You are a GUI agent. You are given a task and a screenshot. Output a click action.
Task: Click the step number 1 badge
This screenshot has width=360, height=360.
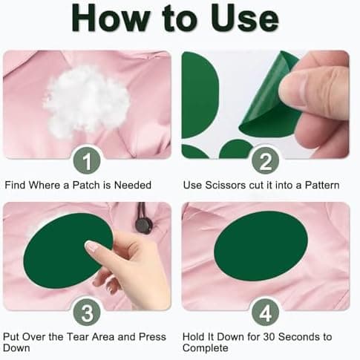(x=87, y=160)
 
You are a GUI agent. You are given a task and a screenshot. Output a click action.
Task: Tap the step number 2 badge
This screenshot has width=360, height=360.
(x=265, y=160)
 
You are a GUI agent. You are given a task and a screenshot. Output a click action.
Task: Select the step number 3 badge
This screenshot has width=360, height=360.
(x=87, y=312)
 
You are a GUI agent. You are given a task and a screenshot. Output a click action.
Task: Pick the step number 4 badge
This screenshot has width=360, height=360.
(x=265, y=312)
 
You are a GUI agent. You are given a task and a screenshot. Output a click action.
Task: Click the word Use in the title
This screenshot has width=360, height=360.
(x=245, y=19)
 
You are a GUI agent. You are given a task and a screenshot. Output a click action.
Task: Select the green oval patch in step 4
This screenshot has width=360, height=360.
(x=261, y=246)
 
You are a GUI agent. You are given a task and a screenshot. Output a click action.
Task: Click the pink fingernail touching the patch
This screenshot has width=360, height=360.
(x=91, y=246)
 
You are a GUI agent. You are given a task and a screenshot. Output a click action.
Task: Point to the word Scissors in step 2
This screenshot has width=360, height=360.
(x=226, y=186)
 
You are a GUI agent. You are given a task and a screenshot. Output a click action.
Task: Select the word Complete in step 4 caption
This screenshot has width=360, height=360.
(x=205, y=348)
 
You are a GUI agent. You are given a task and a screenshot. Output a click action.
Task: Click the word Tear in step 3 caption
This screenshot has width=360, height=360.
(x=78, y=337)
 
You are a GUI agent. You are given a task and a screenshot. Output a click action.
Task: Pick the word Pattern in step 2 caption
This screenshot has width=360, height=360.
(x=322, y=186)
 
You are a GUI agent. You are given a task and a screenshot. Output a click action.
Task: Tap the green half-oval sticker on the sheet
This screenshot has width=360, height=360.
(x=200, y=95)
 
